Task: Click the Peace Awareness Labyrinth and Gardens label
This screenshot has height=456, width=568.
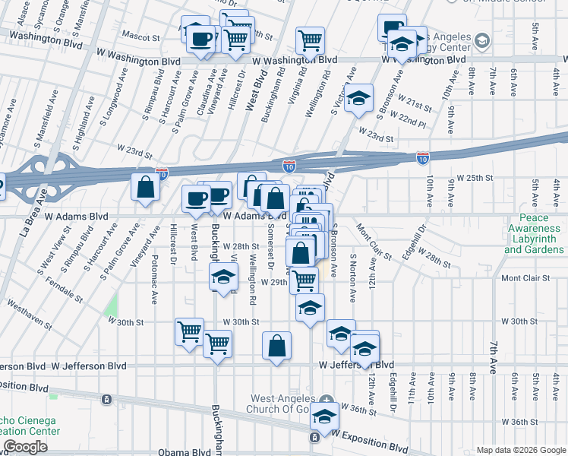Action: tap(534, 233)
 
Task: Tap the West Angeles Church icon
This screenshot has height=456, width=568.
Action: tap(326, 399)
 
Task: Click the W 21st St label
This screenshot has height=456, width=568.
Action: tap(415, 103)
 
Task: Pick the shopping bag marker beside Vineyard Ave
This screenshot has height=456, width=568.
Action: tap(144, 187)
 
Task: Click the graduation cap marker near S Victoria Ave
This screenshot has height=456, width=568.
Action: tap(358, 97)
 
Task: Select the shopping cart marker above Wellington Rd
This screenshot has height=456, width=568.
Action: tap(310, 38)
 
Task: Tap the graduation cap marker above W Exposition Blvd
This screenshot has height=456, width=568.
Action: tap(325, 417)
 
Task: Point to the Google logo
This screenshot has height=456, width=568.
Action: tap(26, 447)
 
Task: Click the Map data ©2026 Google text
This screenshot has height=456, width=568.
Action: tap(521, 450)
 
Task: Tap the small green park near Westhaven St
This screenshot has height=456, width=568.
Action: tap(112, 307)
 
